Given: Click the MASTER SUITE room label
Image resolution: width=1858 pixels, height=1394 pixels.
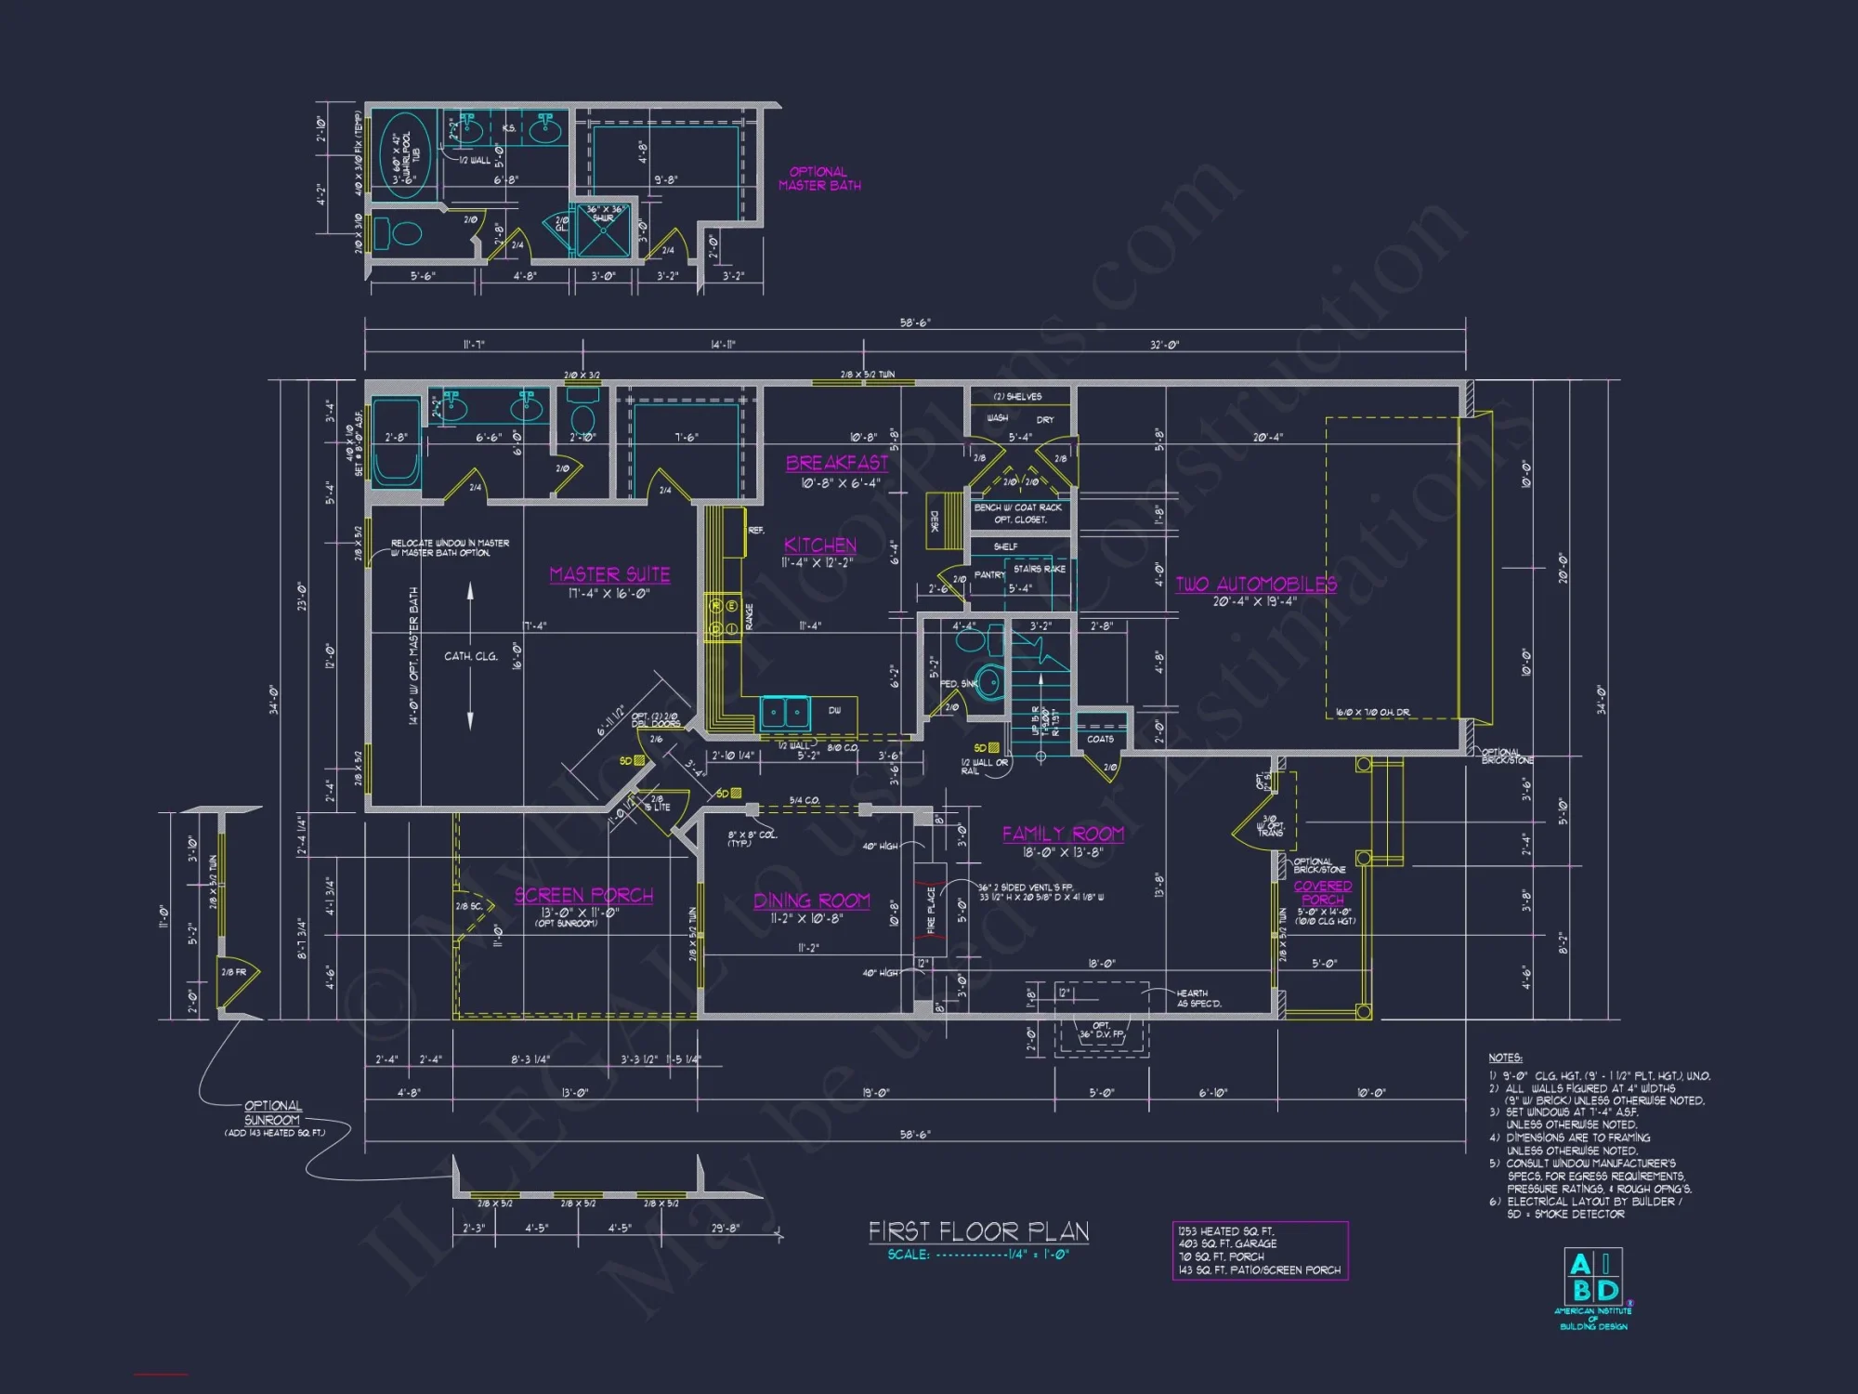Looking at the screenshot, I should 609,574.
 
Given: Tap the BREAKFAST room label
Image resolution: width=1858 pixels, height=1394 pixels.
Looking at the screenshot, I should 837,463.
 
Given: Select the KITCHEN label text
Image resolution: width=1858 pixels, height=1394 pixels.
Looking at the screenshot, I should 819,546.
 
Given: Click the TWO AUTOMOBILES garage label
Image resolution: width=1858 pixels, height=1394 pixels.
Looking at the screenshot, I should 1256,585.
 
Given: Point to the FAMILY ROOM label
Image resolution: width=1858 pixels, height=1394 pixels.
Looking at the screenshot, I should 1063,834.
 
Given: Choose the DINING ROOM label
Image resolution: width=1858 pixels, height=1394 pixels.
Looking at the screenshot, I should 811,901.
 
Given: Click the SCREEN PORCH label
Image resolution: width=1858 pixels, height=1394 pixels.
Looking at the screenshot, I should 583,895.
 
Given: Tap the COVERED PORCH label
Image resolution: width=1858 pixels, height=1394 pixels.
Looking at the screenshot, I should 1322,893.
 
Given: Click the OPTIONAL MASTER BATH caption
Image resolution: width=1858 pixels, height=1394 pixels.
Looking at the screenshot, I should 819,178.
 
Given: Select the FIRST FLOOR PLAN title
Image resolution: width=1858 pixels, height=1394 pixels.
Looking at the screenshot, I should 978,1232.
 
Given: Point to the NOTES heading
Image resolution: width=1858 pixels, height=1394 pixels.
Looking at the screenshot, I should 1505,1058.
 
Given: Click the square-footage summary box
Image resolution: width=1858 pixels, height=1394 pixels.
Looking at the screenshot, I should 1260,1251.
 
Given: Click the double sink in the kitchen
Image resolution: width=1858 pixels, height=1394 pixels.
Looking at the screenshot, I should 786,714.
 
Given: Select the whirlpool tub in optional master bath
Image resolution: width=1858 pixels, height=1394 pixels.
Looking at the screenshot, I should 405,155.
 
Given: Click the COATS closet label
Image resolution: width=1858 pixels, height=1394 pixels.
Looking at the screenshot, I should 1100,739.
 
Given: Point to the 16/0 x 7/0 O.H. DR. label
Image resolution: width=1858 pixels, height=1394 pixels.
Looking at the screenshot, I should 1372,713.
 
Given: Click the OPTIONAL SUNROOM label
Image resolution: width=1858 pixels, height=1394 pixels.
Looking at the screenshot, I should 272,1113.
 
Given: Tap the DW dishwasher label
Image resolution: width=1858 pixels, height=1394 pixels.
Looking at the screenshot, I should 834,711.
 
